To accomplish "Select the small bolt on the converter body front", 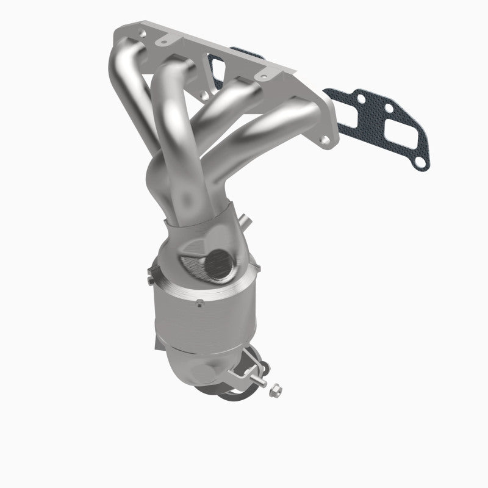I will (x=200, y=301).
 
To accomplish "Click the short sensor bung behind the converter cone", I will (x=245, y=218).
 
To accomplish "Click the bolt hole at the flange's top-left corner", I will (x=142, y=29).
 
